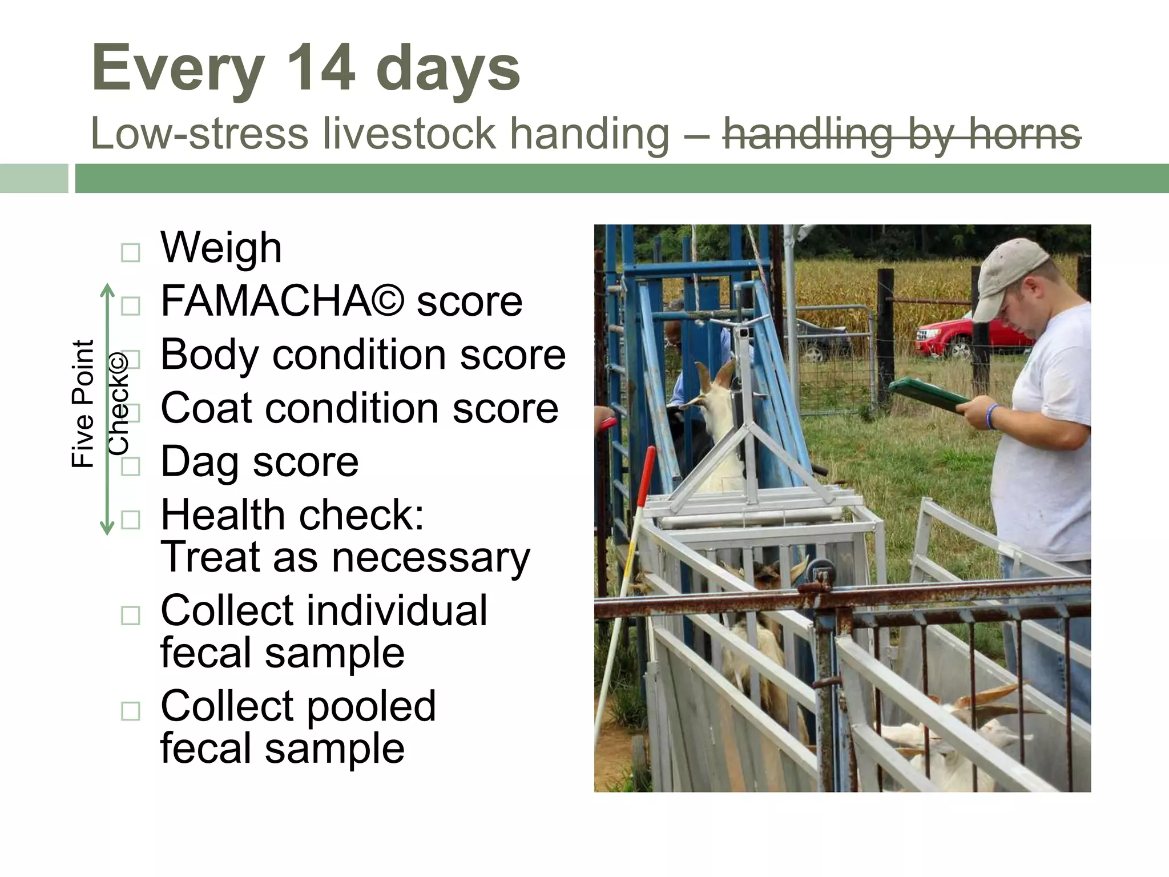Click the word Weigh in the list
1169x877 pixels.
click(221, 248)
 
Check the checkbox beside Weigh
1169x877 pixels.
click(131, 252)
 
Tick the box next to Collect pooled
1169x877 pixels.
click(131, 711)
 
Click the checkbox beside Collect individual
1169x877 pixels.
click(131, 615)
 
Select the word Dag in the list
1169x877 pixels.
click(200, 462)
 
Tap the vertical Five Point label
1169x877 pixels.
click(83, 404)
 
